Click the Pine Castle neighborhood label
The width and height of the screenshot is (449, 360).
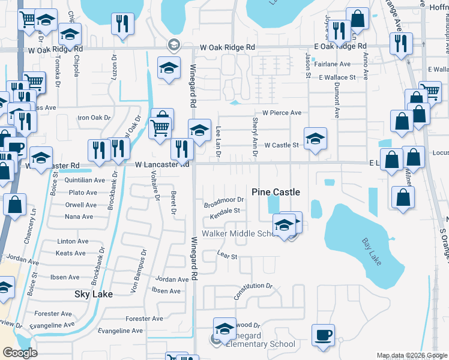276,192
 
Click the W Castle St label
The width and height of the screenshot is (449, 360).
282,145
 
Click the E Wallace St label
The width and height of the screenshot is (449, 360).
337,77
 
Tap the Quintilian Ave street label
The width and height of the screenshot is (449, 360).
85,179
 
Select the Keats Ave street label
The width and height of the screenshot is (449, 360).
70,253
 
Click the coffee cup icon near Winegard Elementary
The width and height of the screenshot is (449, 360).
323,334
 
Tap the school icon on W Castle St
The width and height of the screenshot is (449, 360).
315,139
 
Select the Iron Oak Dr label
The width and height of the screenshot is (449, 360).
95,118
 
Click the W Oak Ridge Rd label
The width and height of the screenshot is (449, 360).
219,47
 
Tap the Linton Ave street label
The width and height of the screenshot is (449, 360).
73,241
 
